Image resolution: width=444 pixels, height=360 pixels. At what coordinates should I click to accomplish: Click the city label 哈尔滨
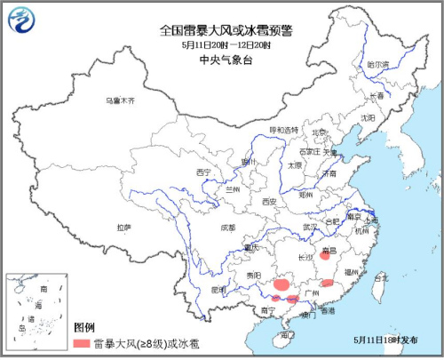pos(378,64)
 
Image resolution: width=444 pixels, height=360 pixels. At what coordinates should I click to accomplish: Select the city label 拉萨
pos(123,228)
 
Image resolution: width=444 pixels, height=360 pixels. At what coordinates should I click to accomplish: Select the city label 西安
pos(270,202)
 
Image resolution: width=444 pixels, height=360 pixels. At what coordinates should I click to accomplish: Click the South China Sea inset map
pos(35,311)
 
